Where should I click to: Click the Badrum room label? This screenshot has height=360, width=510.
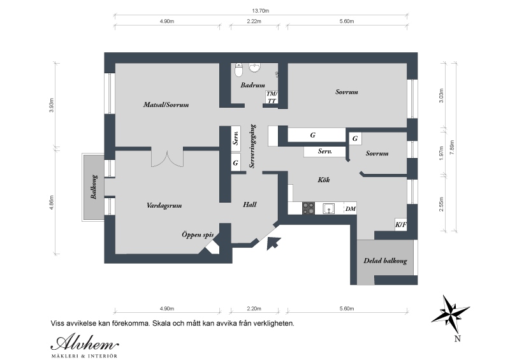[252, 85]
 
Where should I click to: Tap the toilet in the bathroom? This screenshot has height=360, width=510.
[239, 69]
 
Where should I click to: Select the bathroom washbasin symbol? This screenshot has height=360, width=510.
[254, 67]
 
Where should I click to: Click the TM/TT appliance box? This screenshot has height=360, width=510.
[272, 97]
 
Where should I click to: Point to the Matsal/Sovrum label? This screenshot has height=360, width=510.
[166, 104]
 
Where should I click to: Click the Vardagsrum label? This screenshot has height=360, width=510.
[164, 206]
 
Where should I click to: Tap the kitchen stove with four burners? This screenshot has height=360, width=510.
[309, 208]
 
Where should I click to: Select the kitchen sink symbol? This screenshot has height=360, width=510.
[329, 208]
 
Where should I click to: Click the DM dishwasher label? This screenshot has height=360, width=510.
[350, 209]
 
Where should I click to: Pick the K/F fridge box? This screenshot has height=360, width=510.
[401, 224]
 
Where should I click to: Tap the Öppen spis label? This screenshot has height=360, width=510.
[198, 234]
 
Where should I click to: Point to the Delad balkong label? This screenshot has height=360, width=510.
[385, 261]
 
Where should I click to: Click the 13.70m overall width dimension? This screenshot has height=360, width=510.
[261, 11]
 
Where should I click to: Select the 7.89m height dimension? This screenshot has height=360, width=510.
[452, 147]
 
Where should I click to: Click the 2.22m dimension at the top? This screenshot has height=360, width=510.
[254, 22]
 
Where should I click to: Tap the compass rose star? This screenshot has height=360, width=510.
[451, 314]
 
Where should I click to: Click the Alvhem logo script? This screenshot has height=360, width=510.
[85, 343]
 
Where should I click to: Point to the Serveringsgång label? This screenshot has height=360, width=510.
[252, 146]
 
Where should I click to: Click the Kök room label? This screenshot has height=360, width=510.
[324, 180]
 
